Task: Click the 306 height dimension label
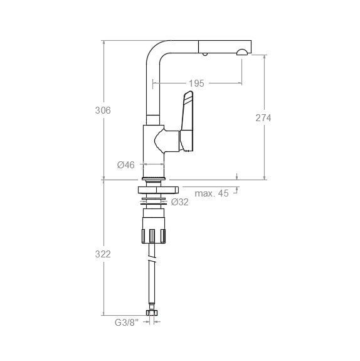tap(103, 110)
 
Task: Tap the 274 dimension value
tap(263, 118)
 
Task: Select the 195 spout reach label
tap(196, 84)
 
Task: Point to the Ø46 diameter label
tap(126, 165)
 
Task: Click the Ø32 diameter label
tap(180, 202)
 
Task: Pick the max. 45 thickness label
tap(211, 193)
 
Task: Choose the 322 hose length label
tap(103, 254)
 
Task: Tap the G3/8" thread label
tap(127, 323)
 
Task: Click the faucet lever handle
tap(187, 121)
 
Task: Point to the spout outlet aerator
tap(242, 52)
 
